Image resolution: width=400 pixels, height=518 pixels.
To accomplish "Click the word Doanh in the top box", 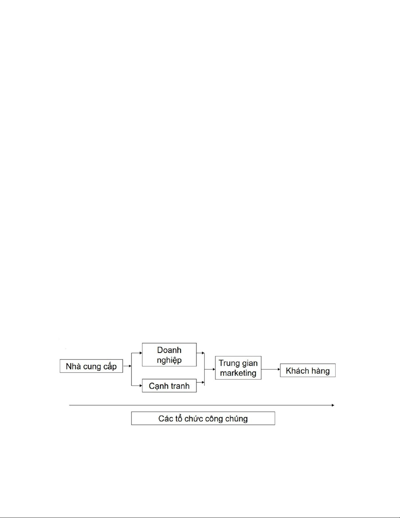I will pos(169,350).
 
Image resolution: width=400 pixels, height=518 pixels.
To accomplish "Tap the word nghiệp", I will pos(169,360).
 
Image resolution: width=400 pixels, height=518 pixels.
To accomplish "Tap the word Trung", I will pos(229,363).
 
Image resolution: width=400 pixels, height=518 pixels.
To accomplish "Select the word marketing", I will pos(238,373).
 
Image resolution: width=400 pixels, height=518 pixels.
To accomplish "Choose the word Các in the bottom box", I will pos(165,419).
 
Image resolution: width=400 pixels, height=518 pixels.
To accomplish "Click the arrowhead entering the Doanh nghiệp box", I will pos(141,353).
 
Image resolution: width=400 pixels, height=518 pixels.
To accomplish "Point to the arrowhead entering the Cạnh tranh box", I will pos(141,386).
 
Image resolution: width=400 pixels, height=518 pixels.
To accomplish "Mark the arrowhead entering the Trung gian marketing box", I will pos(214,369).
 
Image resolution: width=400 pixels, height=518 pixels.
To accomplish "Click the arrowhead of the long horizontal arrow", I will pos(333,405).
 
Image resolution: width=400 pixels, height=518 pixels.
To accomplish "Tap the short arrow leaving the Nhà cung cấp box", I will pos(127,366).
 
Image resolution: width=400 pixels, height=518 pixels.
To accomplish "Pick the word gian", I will pos(250,363).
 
